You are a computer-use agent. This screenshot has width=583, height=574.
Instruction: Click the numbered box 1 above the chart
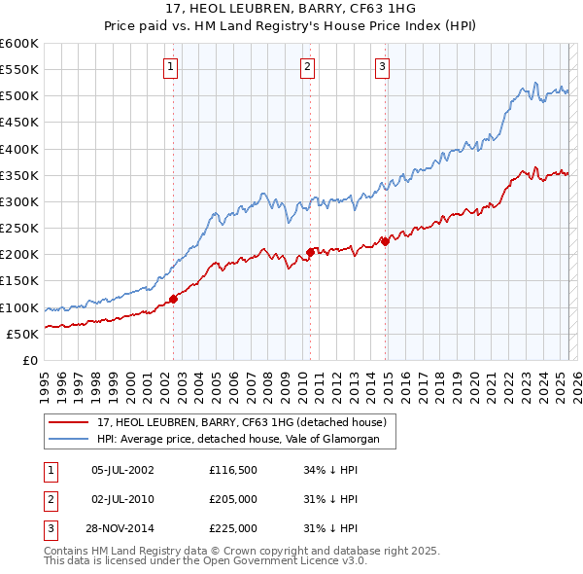pyautogui.click(x=170, y=67)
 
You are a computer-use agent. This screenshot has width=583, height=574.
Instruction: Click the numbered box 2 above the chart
pyautogui.click(x=307, y=67)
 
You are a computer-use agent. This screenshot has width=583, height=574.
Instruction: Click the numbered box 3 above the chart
pyautogui.click(x=382, y=67)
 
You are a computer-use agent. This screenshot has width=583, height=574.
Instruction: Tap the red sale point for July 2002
pyautogui.click(x=174, y=299)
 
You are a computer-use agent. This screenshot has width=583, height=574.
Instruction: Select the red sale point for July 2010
pyautogui.click(x=310, y=252)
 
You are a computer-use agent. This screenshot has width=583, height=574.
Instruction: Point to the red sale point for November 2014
pyautogui.click(x=386, y=241)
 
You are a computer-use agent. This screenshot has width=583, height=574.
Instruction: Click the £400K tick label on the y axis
pyautogui.click(x=19, y=149)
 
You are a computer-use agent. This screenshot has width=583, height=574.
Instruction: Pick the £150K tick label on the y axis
pyautogui.click(x=19, y=281)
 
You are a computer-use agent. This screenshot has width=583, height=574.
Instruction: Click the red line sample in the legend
pyautogui.click(x=68, y=422)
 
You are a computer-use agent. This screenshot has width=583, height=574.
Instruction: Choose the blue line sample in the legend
pyautogui.click(x=68, y=440)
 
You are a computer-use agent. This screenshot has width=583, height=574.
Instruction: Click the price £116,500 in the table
pyautogui.click(x=232, y=470)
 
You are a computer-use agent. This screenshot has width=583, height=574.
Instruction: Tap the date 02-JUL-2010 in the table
pyautogui.click(x=122, y=499)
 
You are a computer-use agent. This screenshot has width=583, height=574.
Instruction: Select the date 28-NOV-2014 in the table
pyautogui.click(x=122, y=528)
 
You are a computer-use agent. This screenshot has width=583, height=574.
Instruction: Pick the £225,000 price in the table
pyautogui.click(x=232, y=528)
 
